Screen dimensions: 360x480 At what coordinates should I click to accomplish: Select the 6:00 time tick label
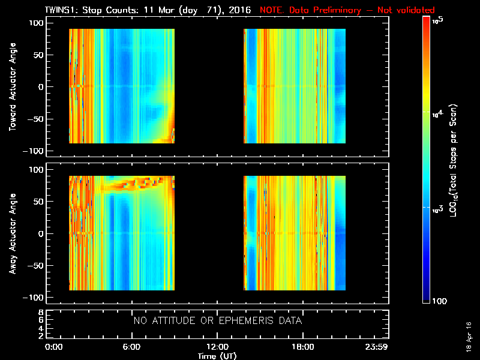[131, 347]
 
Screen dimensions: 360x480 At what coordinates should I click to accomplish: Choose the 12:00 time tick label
[217, 347]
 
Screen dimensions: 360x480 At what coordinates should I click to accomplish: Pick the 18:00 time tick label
[302, 347]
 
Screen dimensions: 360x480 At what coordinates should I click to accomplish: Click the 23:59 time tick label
[378, 347]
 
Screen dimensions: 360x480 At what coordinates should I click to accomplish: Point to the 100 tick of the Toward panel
[37, 23]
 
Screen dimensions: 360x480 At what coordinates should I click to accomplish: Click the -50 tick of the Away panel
[35, 266]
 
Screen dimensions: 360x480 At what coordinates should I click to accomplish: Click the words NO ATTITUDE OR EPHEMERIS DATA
[217, 321]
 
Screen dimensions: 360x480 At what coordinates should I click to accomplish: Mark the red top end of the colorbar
[427, 20]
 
